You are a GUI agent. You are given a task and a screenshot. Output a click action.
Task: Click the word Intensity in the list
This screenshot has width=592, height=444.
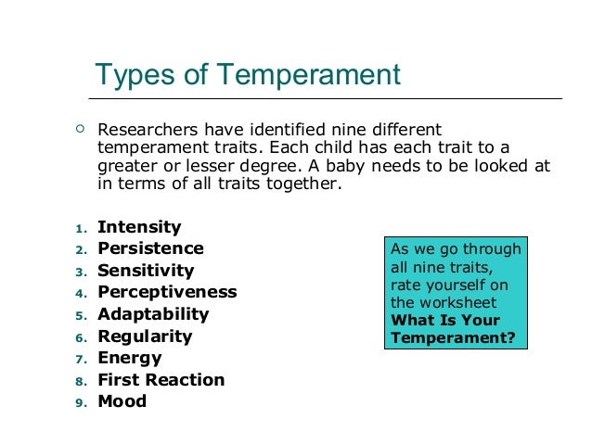coord(139,227)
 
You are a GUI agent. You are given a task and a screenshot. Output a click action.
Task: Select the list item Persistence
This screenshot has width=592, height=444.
coord(150,248)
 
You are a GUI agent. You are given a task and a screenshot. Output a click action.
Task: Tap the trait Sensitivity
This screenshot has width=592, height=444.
coord(146,271)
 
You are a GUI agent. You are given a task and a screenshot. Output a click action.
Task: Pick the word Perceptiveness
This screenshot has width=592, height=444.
coord(167,292)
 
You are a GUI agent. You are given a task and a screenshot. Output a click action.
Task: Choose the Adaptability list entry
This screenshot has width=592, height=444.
coord(153,314)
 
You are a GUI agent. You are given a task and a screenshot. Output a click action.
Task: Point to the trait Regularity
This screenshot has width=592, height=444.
coord(145,336)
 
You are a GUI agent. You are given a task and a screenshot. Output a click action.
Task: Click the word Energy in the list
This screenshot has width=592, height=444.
coord(130,358)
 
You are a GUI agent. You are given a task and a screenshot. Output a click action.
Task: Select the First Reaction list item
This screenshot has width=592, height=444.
coord(161,380)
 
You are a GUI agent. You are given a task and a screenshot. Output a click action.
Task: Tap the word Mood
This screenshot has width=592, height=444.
coord(122,401)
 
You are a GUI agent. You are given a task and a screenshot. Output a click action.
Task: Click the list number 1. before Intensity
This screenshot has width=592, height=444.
coord(81,228)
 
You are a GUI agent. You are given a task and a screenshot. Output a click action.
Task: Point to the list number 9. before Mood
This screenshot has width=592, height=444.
coord(81,403)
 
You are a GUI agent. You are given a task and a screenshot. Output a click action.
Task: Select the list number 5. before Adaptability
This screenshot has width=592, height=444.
coord(81,315)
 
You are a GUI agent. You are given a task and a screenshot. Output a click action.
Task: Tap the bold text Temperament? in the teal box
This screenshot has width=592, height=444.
coord(453,337)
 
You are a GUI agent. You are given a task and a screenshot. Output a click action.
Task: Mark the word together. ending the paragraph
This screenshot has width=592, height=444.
coord(305,184)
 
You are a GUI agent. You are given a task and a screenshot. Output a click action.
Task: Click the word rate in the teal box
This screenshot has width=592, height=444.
coord(405,285)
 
